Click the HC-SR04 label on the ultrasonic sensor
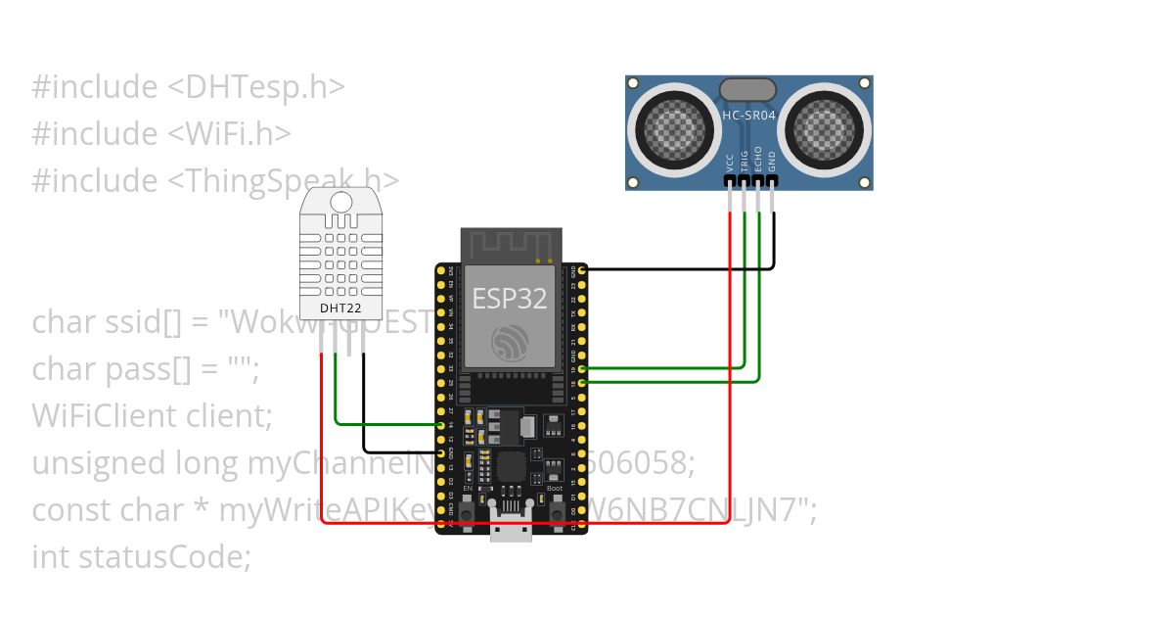[x=748, y=115]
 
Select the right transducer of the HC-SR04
[x=827, y=126]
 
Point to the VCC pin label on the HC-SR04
[x=731, y=162]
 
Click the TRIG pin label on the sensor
[x=745, y=162]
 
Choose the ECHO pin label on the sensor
[x=758, y=162]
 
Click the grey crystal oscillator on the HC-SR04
[x=748, y=90]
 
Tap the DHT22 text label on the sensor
[x=340, y=308]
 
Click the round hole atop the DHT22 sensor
[x=340, y=202]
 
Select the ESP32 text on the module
[x=510, y=298]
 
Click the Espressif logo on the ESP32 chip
[x=510, y=341]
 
